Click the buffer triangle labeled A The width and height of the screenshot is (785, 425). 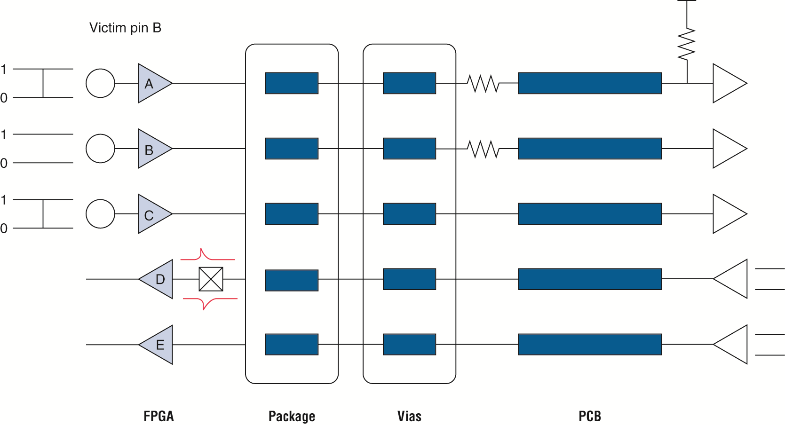point(152,83)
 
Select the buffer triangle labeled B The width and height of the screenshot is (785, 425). point(152,149)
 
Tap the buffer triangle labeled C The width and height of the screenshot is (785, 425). point(152,214)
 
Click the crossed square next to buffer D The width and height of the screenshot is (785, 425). point(211,279)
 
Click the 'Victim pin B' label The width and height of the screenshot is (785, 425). point(125,28)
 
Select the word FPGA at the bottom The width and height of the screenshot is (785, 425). point(159,416)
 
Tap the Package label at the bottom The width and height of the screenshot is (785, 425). point(292,416)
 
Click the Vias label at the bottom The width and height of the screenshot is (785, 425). point(409,416)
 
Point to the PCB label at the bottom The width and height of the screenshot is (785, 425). point(590,416)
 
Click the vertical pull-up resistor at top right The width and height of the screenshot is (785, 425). point(687,44)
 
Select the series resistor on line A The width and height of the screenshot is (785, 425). point(483,83)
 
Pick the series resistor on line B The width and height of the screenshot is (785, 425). point(483,149)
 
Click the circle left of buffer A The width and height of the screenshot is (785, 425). point(100,83)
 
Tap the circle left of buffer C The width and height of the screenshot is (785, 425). point(100,214)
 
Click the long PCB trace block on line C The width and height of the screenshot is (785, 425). point(590,214)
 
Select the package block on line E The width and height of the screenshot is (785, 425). point(292,345)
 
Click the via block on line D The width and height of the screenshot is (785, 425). point(409,279)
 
